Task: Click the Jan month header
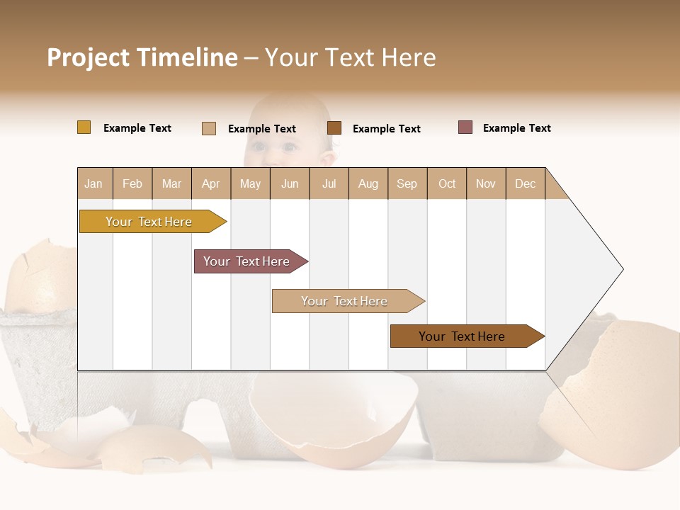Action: pyautogui.click(x=94, y=183)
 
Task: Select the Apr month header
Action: pyautogui.click(x=211, y=183)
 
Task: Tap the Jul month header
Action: pyautogui.click(x=329, y=183)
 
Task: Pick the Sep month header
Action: pyautogui.click(x=407, y=183)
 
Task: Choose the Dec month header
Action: pyautogui.click(x=525, y=183)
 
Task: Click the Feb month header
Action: pyautogui.click(x=132, y=183)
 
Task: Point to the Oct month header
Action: pyautogui.click(x=447, y=183)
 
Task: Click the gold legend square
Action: pyautogui.click(x=84, y=127)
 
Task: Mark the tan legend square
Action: pyautogui.click(x=209, y=128)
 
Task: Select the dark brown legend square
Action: pyautogui.click(x=334, y=128)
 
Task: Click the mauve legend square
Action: pyautogui.click(x=465, y=127)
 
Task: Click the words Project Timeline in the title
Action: pyautogui.click(x=142, y=57)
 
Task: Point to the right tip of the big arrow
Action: pyautogui.click(x=621, y=269)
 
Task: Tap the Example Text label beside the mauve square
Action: pyautogui.click(x=516, y=128)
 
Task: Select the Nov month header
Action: pyautogui.click(x=486, y=183)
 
